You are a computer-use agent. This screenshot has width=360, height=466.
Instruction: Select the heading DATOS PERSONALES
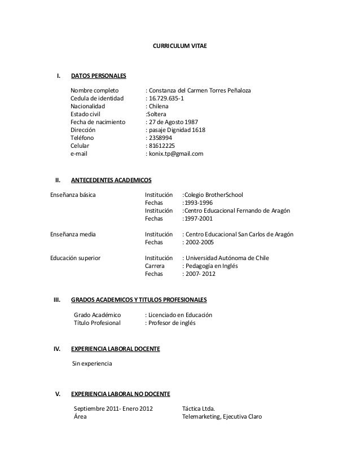coord(98,76)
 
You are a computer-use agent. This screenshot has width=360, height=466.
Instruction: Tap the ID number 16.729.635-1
coord(170,100)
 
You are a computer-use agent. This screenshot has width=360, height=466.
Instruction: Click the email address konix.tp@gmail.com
coord(176,153)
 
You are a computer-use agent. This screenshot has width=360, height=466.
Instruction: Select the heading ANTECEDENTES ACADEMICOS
coord(111,180)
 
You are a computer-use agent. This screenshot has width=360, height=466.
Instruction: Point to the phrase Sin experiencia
coord(93,364)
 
